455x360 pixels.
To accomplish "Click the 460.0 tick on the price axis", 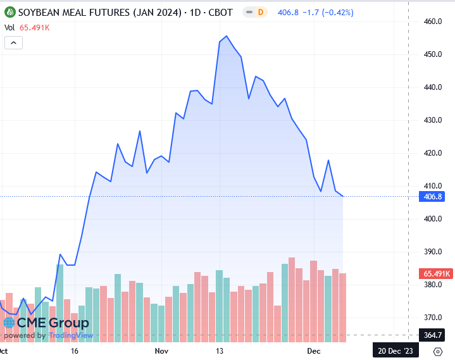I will pos(432,22).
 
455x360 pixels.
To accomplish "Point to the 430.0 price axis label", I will pos(432,120).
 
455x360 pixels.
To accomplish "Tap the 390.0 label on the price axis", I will pos(432,252).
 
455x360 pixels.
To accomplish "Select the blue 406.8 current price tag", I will pos(432,197).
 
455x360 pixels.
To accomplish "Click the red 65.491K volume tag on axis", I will pos(435,274).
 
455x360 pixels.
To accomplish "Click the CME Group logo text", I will pos(52,323).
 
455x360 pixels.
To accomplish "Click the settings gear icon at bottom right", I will pos(438,351).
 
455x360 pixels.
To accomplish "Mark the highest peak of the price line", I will pos(227,37).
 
